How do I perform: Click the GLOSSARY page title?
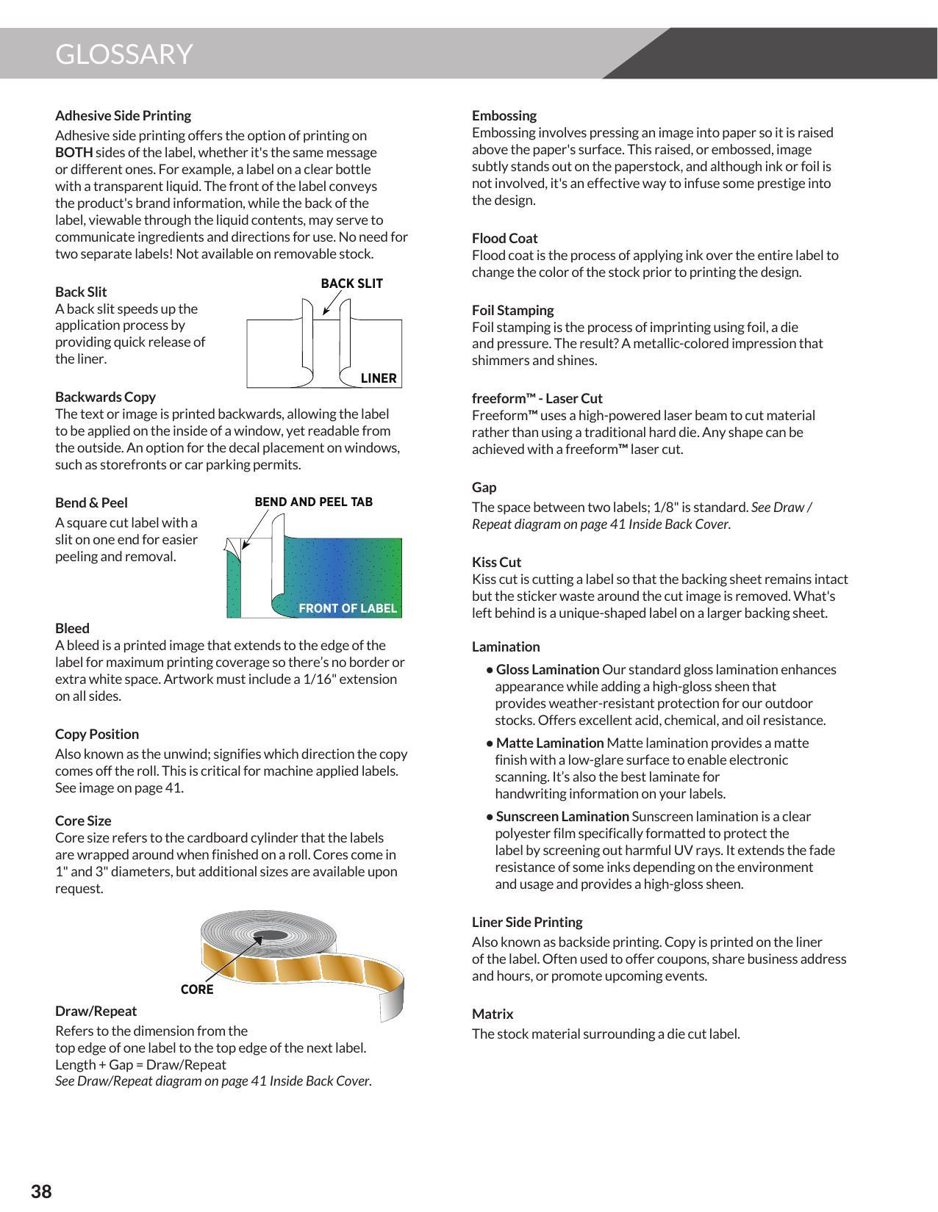(x=123, y=54)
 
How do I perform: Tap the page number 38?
(x=41, y=1191)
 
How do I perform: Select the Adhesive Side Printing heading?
(x=123, y=115)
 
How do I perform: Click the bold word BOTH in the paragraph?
(x=74, y=153)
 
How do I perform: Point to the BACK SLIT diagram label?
(x=351, y=284)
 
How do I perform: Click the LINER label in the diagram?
(x=379, y=378)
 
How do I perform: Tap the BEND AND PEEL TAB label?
(x=313, y=502)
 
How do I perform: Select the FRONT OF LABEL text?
(x=347, y=608)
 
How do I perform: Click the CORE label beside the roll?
(x=197, y=989)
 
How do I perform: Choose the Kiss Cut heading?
(x=496, y=562)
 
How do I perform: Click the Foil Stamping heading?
(x=512, y=310)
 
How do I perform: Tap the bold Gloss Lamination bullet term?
(x=547, y=669)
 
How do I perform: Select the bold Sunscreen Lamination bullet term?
(x=562, y=816)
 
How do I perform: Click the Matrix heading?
(x=493, y=1014)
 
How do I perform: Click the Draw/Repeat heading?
(x=96, y=1011)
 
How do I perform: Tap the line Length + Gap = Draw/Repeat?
(x=140, y=1064)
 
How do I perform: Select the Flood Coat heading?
(x=504, y=238)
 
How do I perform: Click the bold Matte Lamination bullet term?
(x=549, y=743)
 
